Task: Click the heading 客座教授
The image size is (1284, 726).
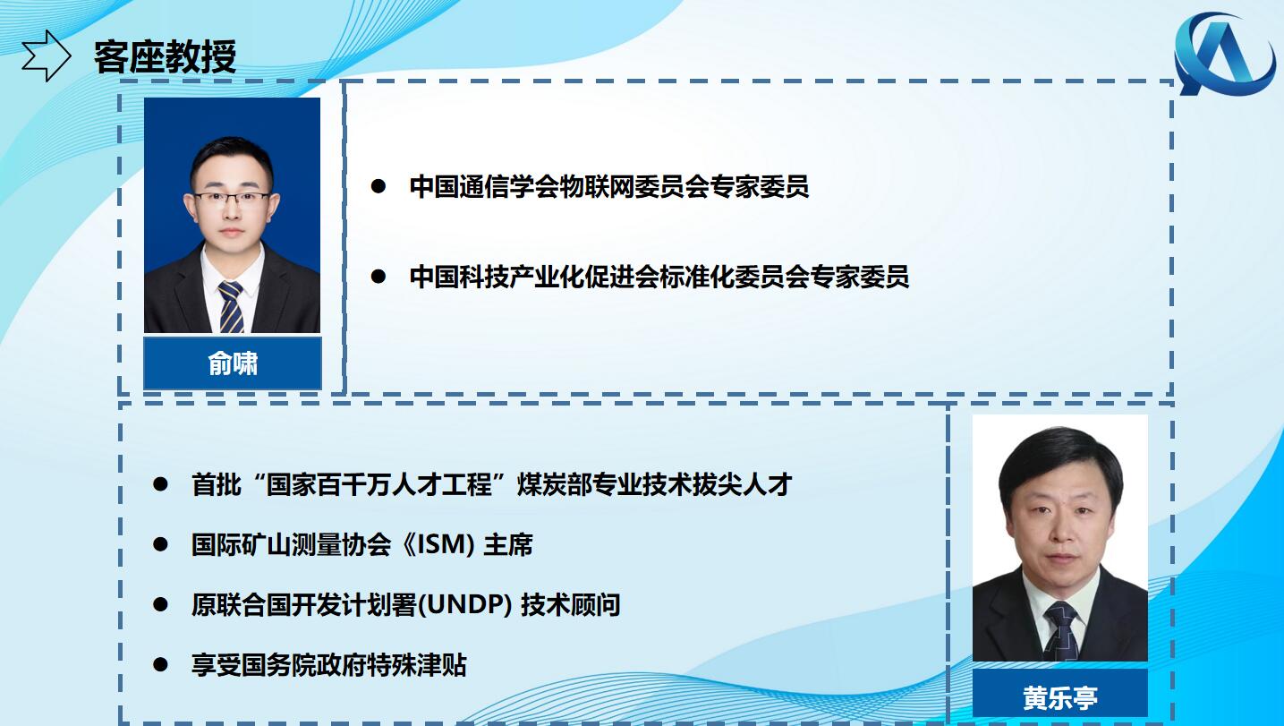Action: pyautogui.click(x=165, y=56)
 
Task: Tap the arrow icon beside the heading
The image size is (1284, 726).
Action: pyautogui.click(x=47, y=56)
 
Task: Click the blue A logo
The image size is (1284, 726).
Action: pyautogui.click(x=1225, y=54)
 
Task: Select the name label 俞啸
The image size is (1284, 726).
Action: pyautogui.click(x=233, y=363)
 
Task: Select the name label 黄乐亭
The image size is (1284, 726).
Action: pyautogui.click(x=1060, y=698)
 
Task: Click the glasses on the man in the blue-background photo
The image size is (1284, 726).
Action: pyautogui.click(x=232, y=199)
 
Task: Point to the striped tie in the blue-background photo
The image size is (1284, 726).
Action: pyautogui.click(x=232, y=306)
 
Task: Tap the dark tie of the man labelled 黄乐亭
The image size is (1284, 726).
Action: pyautogui.click(x=1061, y=631)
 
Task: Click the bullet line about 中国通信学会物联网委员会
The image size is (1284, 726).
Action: pyautogui.click(x=608, y=187)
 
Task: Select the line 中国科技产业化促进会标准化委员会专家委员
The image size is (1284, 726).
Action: pyautogui.click(x=659, y=277)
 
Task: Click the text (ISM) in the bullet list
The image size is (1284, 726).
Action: pyautogui.click(x=445, y=545)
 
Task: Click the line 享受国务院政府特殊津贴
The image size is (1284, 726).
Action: pyautogui.click(x=329, y=665)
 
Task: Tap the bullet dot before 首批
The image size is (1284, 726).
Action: pyautogui.click(x=160, y=484)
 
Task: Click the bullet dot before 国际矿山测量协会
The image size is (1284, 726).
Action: pyautogui.click(x=160, y=544)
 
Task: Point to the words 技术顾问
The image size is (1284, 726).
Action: pyautogui.click(x=570, y=605)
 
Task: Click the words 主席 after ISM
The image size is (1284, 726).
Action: pyautogui.click(x=508, y=545)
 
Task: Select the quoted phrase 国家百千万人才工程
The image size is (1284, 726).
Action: pyautogui.click(x=379, y=484)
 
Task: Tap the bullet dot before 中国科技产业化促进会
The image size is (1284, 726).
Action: pyautogui.click(x=378, y=277)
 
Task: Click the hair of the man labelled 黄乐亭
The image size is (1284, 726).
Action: pyautogui.click(x=1060, y=458)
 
